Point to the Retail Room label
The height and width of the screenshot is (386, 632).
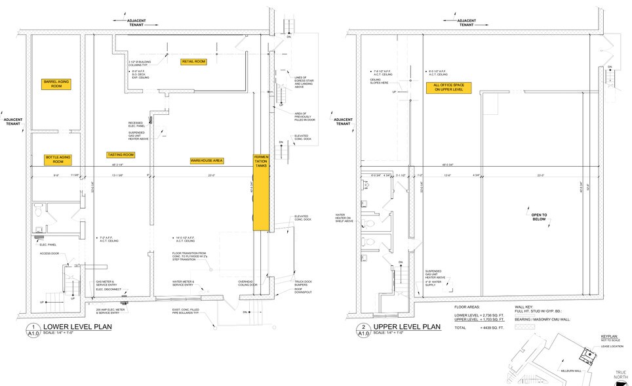tap(193, 61)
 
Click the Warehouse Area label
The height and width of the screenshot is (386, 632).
tap(207, 160)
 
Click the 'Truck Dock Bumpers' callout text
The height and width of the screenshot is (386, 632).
tap(294, 284)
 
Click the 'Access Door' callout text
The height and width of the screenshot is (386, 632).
tap(50, 253)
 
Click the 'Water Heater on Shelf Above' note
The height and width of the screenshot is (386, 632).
tap(345, 217)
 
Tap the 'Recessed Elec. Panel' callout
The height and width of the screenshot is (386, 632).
tap(139, 124)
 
